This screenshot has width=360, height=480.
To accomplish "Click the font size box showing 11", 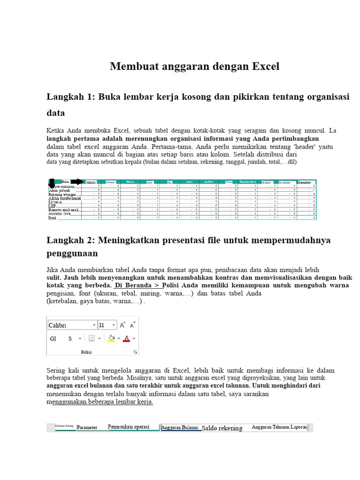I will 104,325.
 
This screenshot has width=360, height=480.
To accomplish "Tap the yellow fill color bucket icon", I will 111,338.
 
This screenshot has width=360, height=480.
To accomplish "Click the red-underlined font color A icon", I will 126,338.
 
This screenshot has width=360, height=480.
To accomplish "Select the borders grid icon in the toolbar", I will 92,338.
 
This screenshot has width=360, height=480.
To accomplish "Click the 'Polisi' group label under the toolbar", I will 86,352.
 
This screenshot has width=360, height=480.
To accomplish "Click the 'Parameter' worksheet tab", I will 87,427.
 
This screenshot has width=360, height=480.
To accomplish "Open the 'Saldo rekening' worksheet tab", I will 222,428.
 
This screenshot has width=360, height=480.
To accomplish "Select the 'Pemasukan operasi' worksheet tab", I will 128,427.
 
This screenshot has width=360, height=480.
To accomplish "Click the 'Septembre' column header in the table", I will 248,181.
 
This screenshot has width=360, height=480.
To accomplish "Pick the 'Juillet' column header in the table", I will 209,181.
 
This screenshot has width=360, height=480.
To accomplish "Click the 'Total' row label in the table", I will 52,217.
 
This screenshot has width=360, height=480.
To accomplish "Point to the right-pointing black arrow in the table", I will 78,182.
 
